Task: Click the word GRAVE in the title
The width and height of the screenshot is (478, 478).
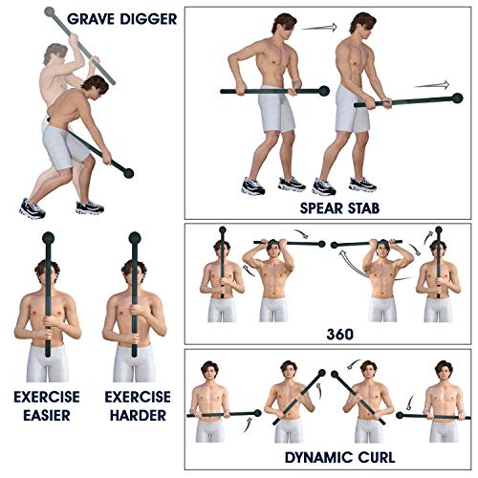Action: [x=91, y=19]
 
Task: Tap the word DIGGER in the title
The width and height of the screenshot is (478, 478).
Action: [x=149, y=19]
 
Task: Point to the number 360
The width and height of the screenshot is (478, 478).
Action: [x=340, y=335]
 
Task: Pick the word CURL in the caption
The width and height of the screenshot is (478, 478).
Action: [x=377, y=458]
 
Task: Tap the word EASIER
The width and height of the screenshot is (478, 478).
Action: [x=47, y=415]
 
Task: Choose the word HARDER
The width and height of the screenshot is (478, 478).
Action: [x=138, y=415]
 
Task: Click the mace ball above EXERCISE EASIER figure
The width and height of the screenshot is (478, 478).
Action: [x=49, y=238]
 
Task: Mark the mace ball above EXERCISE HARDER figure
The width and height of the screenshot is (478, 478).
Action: [x=135, y=238]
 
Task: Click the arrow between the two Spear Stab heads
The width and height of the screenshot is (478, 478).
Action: [x=318, y=28]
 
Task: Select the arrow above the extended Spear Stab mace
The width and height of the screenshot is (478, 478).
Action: [x=431, y=85]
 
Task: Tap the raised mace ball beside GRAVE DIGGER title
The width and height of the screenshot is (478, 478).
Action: [x=50, y=12]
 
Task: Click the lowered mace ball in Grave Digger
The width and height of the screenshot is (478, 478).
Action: [x=129, y=173]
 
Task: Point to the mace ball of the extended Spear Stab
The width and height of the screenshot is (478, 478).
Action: [x=458, y=98]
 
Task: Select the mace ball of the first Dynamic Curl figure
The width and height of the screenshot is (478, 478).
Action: [x=257, y=413]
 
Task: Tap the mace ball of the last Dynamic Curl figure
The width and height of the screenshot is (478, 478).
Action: [x=400, y=416]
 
